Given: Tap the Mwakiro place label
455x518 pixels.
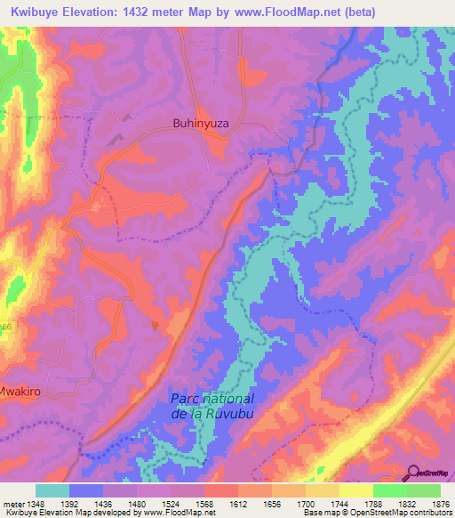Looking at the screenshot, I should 16,389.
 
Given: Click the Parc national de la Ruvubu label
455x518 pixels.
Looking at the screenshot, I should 212,406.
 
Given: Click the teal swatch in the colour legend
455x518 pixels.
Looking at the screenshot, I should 52,490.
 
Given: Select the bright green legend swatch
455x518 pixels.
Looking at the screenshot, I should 390,490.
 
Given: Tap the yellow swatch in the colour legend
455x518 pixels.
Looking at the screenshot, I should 356,490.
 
